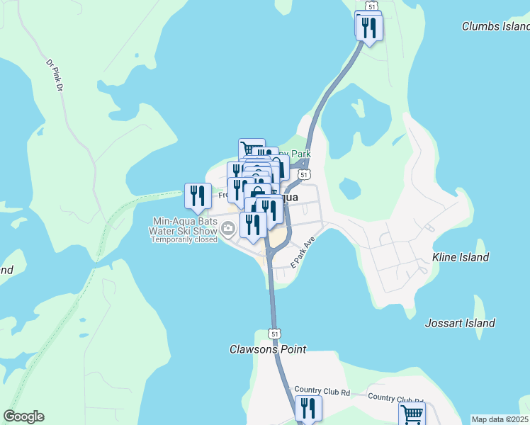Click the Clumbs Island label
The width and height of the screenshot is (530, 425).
495,26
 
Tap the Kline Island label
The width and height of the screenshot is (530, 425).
461,257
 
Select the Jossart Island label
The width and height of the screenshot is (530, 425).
460,323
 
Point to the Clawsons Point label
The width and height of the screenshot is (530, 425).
268,349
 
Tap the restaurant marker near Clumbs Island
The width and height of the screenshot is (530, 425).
369,28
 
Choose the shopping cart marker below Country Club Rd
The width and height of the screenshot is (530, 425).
412,414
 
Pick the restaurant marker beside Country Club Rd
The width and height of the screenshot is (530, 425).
308,408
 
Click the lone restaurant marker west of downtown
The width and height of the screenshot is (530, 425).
198,195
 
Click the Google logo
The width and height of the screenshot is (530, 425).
23,416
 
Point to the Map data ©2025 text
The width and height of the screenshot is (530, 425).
500,419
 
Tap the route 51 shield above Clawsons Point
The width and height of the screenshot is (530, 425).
274,333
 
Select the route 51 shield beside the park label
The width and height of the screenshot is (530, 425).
303,174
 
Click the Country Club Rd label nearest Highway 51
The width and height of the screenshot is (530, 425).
322,390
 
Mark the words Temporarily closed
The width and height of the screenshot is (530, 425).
184,239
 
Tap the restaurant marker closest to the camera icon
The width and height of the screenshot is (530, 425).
252,224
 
